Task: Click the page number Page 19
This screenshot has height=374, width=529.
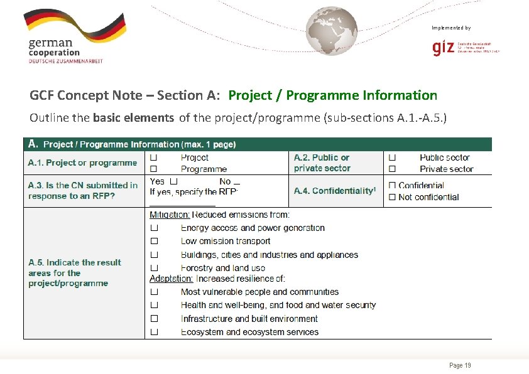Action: point(460,365)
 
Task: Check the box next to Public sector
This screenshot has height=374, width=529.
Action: point(392,158)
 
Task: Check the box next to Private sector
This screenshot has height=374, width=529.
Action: point(392,169)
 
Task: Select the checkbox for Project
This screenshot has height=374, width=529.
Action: point(153,158)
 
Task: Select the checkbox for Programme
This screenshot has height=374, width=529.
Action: point(153,169)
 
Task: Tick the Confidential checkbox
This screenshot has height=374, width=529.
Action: point(392,185)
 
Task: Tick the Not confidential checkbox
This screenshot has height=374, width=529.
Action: point(392,197)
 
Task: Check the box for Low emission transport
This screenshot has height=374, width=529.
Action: point(153,241)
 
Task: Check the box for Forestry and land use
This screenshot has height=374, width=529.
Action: point(153,268)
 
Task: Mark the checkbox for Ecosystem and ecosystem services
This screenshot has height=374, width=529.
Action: point(153,332)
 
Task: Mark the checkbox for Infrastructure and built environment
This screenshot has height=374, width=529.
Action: point(153,319)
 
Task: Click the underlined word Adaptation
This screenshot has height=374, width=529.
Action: point(171,278)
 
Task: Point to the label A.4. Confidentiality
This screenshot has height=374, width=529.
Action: point(334,191)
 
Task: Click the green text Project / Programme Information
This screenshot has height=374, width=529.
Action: point(332,95)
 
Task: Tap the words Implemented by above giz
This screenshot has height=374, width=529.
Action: point(450,28)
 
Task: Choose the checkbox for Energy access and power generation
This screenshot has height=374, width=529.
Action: point(153,228)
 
